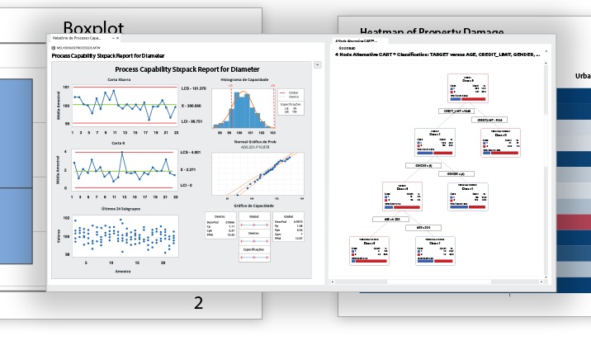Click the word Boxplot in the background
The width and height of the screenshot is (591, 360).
[93, 27]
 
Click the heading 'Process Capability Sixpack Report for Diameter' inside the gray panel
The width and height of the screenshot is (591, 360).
[187, 69]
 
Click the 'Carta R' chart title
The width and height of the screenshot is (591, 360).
[118, 143]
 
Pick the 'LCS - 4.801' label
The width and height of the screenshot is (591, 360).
[191, 152]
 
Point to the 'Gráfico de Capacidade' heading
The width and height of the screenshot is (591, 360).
[254, 206]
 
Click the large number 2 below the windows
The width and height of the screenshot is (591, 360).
[198, 303]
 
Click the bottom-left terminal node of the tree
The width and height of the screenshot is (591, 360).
[369, 250]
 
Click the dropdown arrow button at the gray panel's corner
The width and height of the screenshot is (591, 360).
[318, 64]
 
